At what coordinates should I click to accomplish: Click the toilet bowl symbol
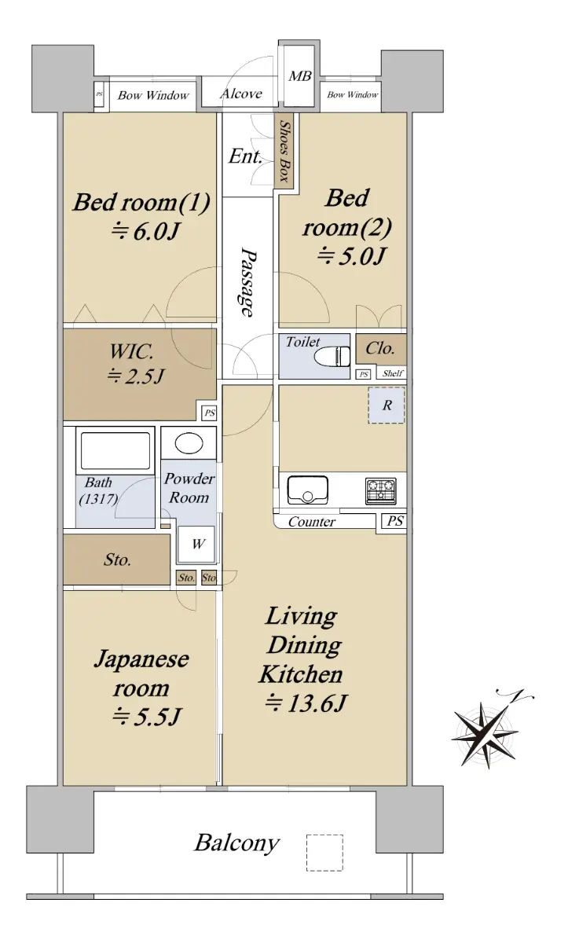coord(332,356)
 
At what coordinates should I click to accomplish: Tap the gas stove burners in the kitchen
coord(381,491)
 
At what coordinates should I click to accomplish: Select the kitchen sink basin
coord(308,490)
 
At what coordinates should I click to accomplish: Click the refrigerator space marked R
coord(387,405)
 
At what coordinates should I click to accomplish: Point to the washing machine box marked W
coord(196,544)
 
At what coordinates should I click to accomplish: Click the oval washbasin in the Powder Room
coord(189,443)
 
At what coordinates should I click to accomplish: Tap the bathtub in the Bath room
coord(115,451)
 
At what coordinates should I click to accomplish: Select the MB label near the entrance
coord(300,76)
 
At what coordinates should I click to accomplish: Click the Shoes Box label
coord(285,151)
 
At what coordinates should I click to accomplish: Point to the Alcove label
coord(241,94)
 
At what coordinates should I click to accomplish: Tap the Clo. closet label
coord(380,348)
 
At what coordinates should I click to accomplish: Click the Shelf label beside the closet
coord(393,373)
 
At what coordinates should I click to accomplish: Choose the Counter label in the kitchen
coord(312,522)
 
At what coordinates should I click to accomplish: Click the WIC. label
coord(131,351)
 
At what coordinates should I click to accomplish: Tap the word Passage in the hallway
coord(248,281)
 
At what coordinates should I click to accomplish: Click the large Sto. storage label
coord(117,560)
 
